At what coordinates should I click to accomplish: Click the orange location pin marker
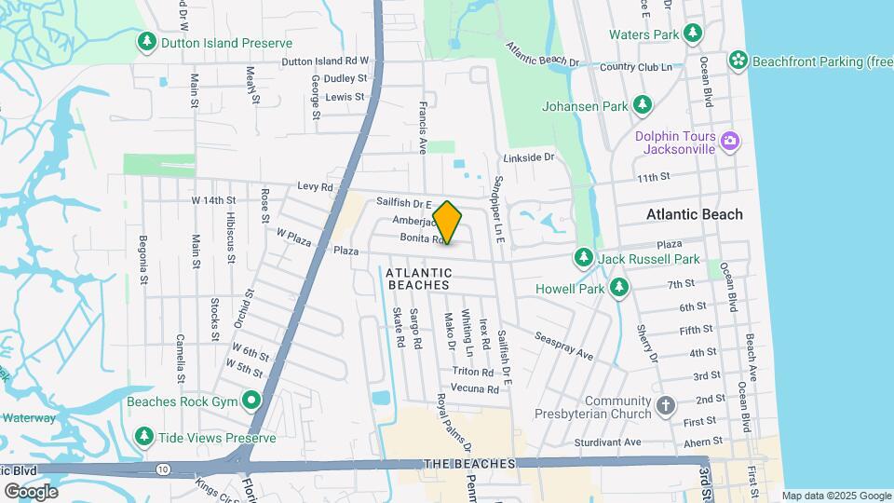[x=447, y=223]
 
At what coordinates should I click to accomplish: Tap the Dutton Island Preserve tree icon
[x=146, y=42]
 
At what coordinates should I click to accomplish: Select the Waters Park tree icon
[x=692, y=34]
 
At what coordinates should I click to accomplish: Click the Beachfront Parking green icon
[x=738, y=61]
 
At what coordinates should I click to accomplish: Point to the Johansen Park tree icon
[x=642, y=105]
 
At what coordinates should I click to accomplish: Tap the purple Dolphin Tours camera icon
[x=730, y=142]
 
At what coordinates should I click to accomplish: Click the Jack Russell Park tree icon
[x=584, y=256]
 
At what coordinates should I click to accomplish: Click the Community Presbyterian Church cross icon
[x=665, y=405]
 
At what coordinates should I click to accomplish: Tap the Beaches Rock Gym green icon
[x=251, y=401]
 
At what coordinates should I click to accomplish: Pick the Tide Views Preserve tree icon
[x=144, y=436]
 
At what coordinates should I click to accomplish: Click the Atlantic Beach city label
[x=695, y=214]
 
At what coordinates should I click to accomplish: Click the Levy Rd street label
[x=315, y=187]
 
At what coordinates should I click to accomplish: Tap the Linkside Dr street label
[x=529, y=158]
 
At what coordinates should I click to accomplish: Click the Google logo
[x=31, y=491]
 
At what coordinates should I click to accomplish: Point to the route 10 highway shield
[x=163, y=468]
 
